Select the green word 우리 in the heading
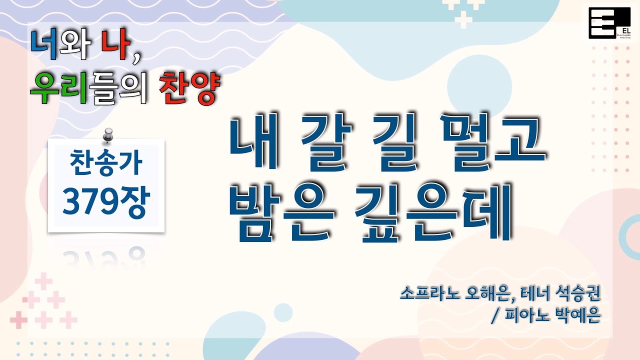pyautogui.click(x=61, y=89)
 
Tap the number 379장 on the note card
pyautogui.click(x=105, y=203)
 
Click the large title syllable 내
pyautogui.click(x=253, y=142)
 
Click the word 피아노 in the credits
pyautogui.click(x=523, y=316)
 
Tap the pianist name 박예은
pyautogui.click(x=578, y=316)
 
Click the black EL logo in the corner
pyautogui.click(x=608, y=22)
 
